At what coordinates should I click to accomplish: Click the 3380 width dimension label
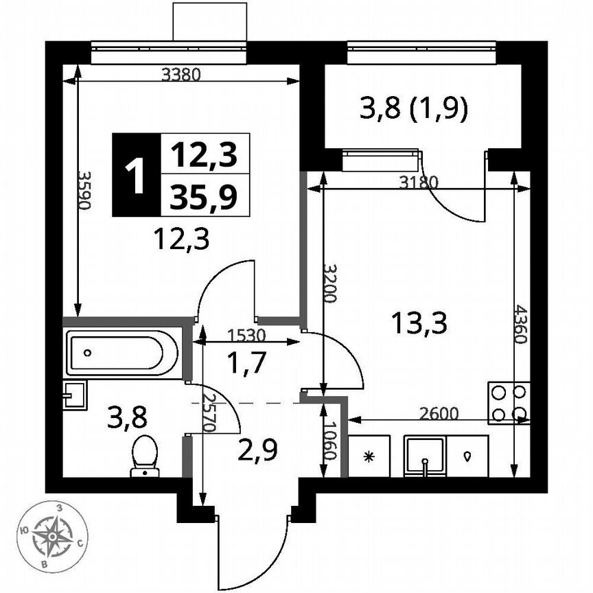click(181, 75)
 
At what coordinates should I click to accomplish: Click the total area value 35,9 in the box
click(205, 197)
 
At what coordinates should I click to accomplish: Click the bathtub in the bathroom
click(122, 353)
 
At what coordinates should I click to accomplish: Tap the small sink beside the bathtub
click(73, 395)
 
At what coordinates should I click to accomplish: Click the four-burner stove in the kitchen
click(509, 403)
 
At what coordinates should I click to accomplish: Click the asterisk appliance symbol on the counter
click(370, 456)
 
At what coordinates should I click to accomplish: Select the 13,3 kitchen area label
click(419, 321)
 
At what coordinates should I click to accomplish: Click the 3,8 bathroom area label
click(128, 417)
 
